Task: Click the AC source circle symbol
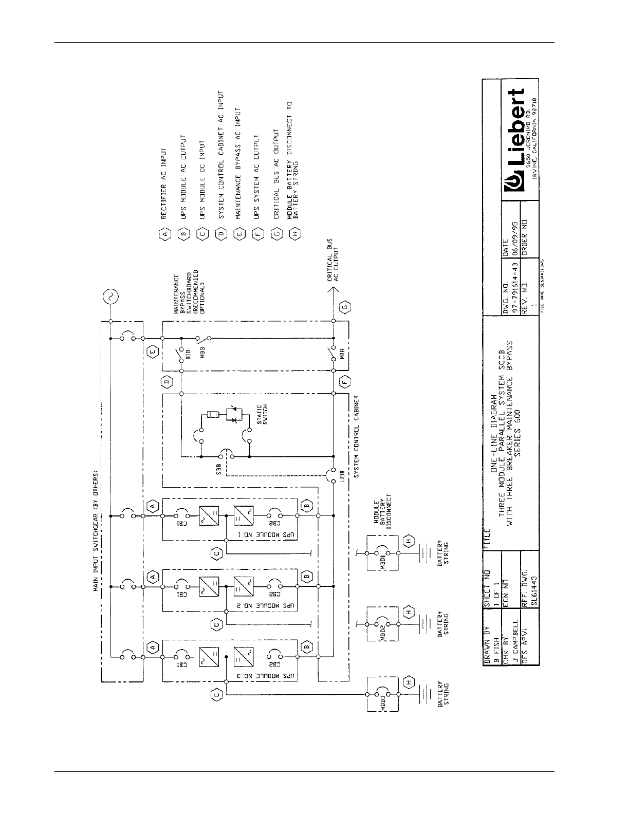pos(110,297)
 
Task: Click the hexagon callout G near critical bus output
pos(345,308)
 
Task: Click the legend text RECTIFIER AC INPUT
pos(164,184)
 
